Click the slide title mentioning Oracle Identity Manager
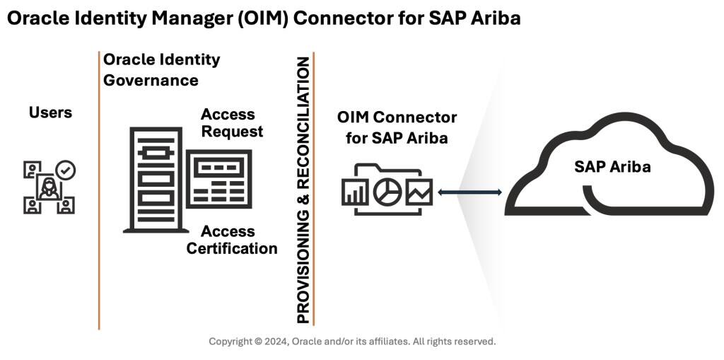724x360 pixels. [263, 18]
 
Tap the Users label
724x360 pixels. [50, 112]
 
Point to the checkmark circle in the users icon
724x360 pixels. [66, 170]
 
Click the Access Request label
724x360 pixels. [231, 122]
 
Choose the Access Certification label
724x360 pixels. [232, 240]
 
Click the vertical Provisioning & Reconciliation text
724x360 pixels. [303, 189]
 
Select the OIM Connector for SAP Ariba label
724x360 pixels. [397, 127]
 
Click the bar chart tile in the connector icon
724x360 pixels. [356, 191]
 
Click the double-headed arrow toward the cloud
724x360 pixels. [469, 192]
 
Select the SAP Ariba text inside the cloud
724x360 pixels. [612, 167]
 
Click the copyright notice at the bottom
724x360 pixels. [352, 342]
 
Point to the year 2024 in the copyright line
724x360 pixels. [274, 342]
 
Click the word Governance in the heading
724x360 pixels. [151, 80]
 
